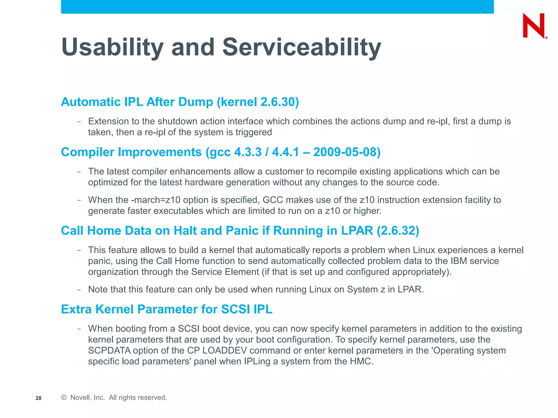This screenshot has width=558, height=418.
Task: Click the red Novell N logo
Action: click(x=534, y=26)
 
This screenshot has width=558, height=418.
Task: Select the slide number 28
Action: click(x=38, y=398)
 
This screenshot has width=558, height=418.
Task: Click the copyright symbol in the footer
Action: click(x=64, y=398)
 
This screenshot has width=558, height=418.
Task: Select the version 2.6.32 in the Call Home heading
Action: click(x=398, y=231)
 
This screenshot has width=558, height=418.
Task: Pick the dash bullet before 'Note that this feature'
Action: click(x=79, y=290)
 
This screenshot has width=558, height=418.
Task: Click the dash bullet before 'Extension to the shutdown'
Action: click(x=79, y=121)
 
